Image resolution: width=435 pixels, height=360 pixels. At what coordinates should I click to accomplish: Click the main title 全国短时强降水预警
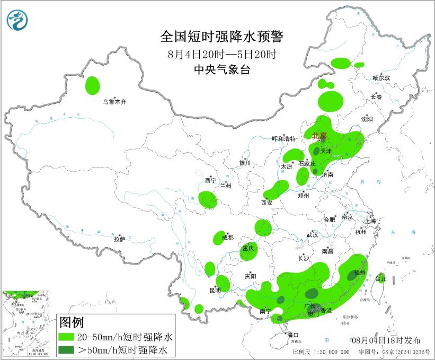pyautogui.click(x=223, y=37)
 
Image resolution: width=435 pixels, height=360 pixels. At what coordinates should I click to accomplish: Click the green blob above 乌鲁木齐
pyautogui.click(x=93, y=85)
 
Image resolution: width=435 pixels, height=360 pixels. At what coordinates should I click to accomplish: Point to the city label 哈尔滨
pyautogui.click(x=380, y=78)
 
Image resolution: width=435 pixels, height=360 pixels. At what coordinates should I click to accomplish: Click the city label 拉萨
pyautogui.click(x=119, y=239)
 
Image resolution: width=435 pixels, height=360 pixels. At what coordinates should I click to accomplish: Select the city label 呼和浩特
pyautogui.click(x=284, y=139)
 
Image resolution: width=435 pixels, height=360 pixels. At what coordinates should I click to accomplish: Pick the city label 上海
pyautogui.click(x=370, y=221)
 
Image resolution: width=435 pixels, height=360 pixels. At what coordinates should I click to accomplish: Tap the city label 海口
pyautogui.click(x=293, y=335)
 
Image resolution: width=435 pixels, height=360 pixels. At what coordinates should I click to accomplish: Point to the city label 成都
pyautogui.click(x=228, y=238)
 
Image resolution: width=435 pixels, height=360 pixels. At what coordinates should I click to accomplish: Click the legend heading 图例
pyautogui.click(x=71, y=322)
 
